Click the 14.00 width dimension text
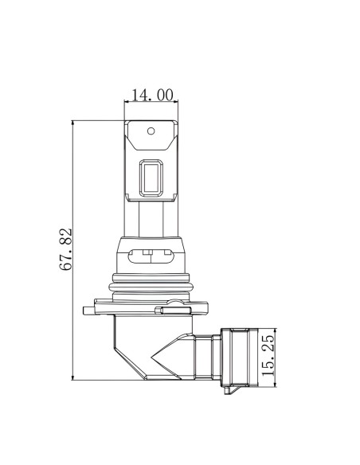(152, 96)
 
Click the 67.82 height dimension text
(66, 249)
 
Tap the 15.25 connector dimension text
(268, 355)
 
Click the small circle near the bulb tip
(151, 131)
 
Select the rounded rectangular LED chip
(151, 178)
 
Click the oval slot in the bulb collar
(151, 256)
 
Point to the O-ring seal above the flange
(151, 287)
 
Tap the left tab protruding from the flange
(88, 311)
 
